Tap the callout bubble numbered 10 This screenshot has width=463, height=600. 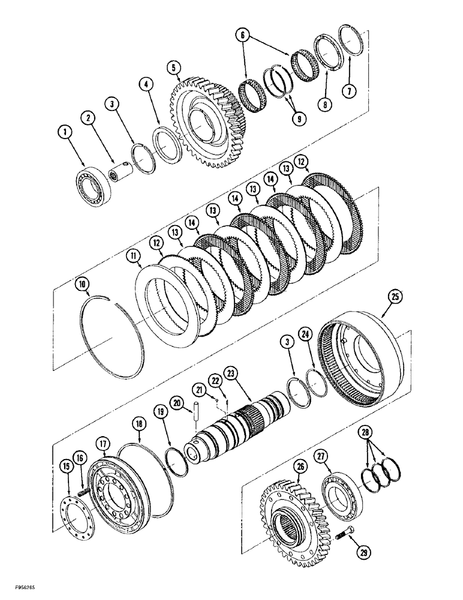pyautogui.click(x=82, y=283)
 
